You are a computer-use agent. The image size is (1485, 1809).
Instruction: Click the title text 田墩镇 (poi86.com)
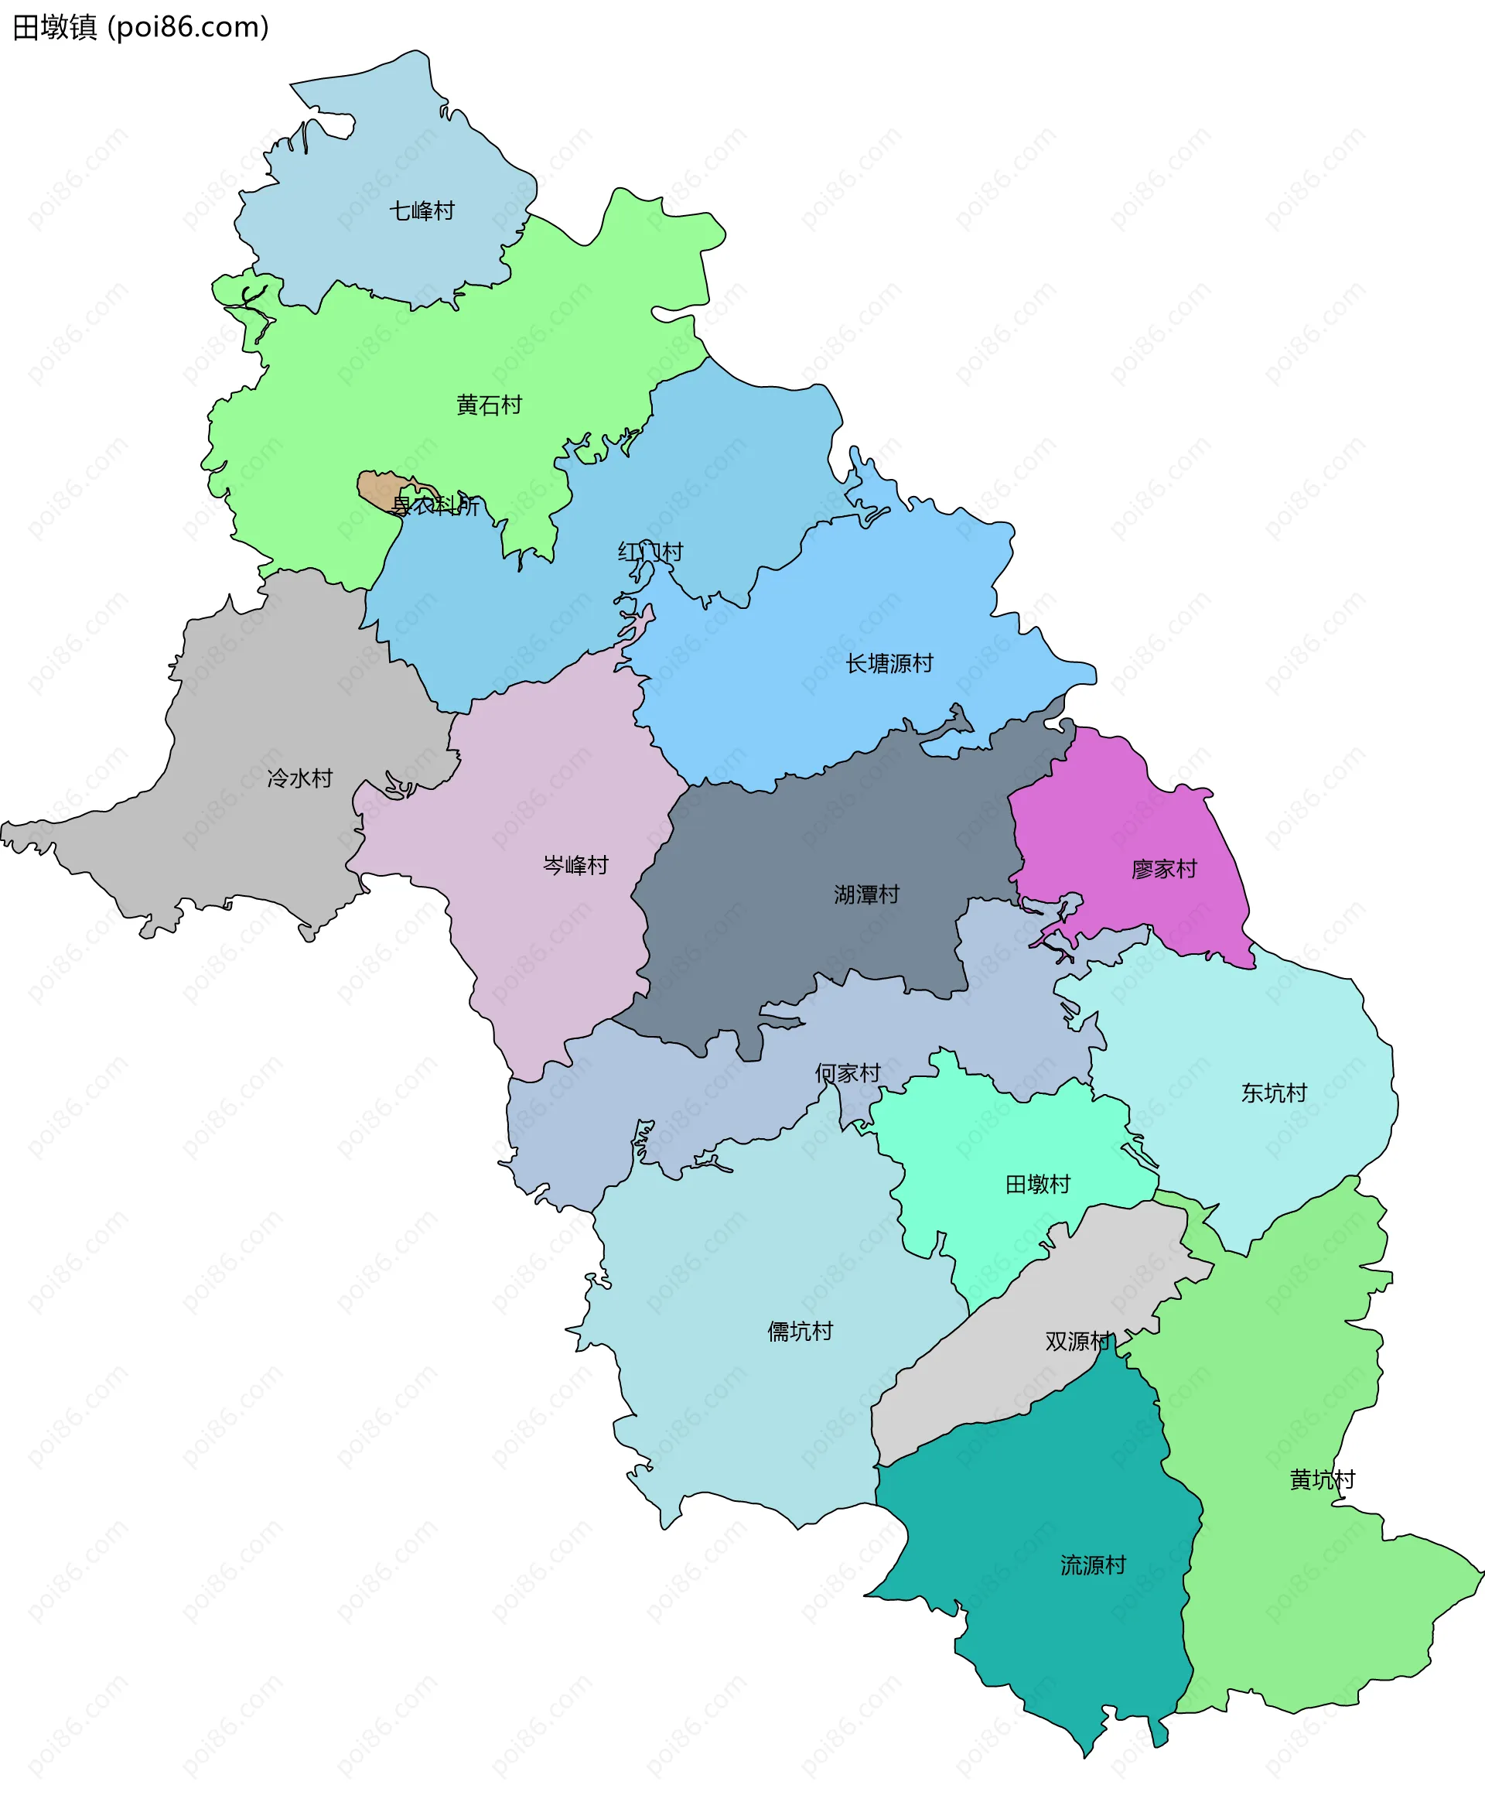tap(141, 27)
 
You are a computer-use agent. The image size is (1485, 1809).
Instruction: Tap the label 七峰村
tap(422, 210)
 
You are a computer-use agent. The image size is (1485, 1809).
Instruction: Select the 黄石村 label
tap(490, 405)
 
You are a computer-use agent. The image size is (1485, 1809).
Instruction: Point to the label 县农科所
tap(435, 506)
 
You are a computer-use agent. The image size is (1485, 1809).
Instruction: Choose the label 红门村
tap(650, 552)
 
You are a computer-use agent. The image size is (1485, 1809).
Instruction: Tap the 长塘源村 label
tap(889, 663)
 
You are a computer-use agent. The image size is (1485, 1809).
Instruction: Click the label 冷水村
tap(299, 778)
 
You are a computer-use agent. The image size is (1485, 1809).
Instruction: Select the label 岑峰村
tap(575, 865)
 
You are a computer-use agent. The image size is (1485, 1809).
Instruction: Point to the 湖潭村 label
tap(866, 894)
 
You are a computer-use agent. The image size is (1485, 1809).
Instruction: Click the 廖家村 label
tap(1163, 869)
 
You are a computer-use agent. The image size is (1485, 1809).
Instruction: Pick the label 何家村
tap(847, 1073)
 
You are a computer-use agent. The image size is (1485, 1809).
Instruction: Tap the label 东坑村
tap(1274, 1093)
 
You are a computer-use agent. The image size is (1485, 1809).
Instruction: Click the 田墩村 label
tap(1038, 1185)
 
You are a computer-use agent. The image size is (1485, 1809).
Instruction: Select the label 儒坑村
tap(800, 1332)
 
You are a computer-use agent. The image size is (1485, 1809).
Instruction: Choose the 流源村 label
tap(1092, 1565)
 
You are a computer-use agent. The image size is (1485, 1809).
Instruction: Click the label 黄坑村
tap(1322, 1479)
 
